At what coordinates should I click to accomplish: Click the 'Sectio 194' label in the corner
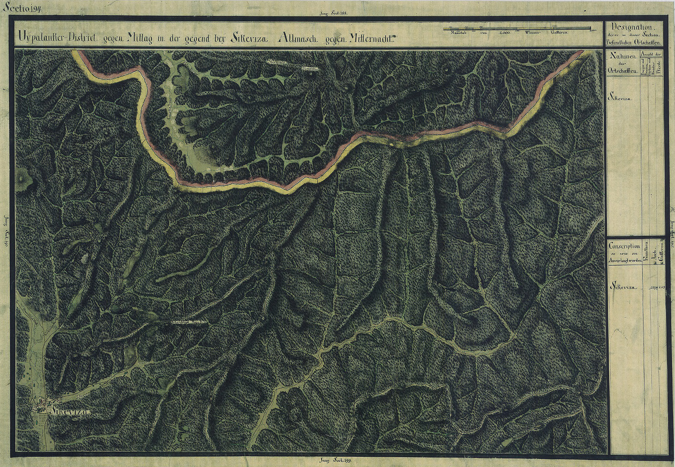coord(22,9)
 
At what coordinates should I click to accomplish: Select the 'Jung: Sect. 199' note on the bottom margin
coord(330,460)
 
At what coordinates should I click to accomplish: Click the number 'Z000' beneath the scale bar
coord(504,33)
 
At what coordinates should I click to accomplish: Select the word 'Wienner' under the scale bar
coord(531,33)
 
